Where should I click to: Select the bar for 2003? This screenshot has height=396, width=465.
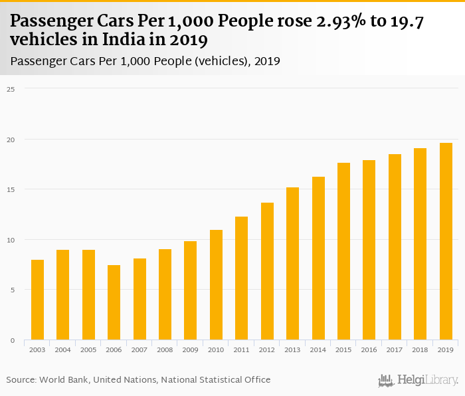pos(37,300)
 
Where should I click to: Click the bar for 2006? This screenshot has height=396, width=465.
pos(114,302)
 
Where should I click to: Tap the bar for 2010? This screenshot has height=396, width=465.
pos(216,285)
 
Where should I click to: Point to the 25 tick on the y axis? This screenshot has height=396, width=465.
pos(11,88)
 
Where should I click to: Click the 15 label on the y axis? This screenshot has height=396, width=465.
pos(11,189)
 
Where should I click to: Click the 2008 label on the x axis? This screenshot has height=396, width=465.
pos(165,349)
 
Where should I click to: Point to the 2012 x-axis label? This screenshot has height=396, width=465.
pos(267,349)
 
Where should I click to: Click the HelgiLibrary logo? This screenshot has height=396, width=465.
pos(418,381)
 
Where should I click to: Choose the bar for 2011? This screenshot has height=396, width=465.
pos(242,278)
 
